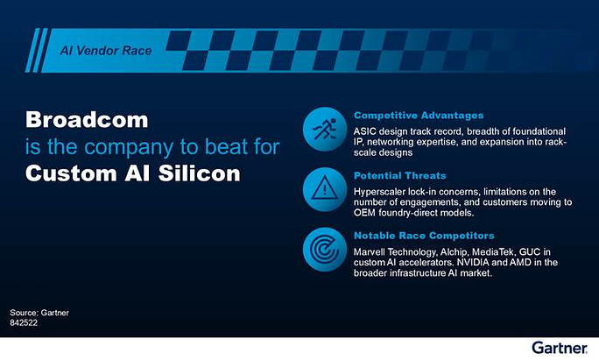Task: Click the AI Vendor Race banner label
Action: [x=106, y=51]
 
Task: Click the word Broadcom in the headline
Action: [x=87, y=120]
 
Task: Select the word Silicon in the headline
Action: [x=200, y=173]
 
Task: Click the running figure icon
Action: [x=325, y=129]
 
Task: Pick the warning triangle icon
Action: [x=325, y=188]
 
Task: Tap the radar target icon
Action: [x=325, y=249]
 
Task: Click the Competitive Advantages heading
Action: [x=419, y=116]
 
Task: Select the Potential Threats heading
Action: [x=400, y=176]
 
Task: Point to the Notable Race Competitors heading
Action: [x=424, y=236]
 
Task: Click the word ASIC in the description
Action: [x=365, y=131]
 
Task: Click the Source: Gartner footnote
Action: [x=39, y=313]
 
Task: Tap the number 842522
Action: [x=24, y=323]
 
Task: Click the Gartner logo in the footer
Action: [x=560, y=348]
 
